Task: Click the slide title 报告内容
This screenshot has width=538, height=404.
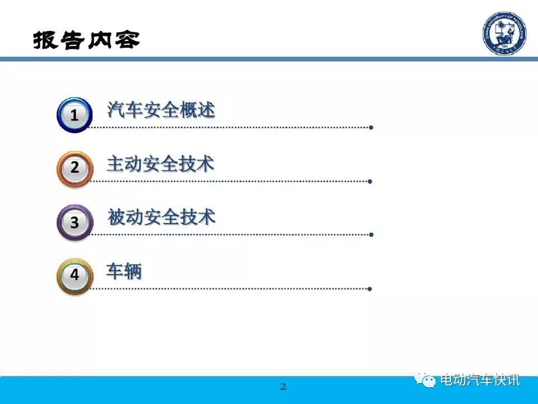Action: [x=86, y=40]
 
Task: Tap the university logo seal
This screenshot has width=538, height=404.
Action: [x=504, y=33]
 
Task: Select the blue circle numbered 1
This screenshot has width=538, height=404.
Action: [x=75, y=114]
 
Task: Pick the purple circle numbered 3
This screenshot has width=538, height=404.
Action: [x=75, y=222]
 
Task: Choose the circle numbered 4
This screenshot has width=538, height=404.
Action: [x=75, y=276]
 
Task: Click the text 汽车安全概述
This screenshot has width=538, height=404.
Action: [x=161, y=110]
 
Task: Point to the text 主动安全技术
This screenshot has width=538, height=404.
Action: [x=161, y=163]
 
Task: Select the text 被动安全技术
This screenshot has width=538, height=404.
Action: [x=161, y=217]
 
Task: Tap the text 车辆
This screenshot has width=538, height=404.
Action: [x=124, y=271]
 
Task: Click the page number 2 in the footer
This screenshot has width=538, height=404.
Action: [x=283, y=387]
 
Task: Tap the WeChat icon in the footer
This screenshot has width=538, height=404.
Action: [x=425, y=380]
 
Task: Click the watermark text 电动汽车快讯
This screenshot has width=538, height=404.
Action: [x=480, y=380]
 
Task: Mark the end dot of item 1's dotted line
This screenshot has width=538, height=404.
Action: [x=371, y=127]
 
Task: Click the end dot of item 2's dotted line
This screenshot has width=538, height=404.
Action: [x=370, y=181]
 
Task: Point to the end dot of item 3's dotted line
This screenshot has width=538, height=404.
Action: [x=371, y=235]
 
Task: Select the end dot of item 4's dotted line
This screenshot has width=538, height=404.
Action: [x=369, y=289]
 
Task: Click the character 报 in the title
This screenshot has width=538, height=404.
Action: [x=45, y=40]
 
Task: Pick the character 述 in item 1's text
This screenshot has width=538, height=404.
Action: [x=206, y=110]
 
